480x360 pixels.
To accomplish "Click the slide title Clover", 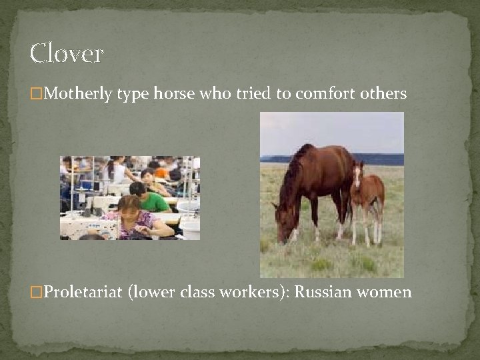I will point(67,53).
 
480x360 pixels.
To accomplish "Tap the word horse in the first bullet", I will point(173,93).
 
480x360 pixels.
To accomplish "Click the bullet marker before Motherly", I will point(35,93).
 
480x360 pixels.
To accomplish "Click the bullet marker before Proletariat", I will point(35,292).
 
